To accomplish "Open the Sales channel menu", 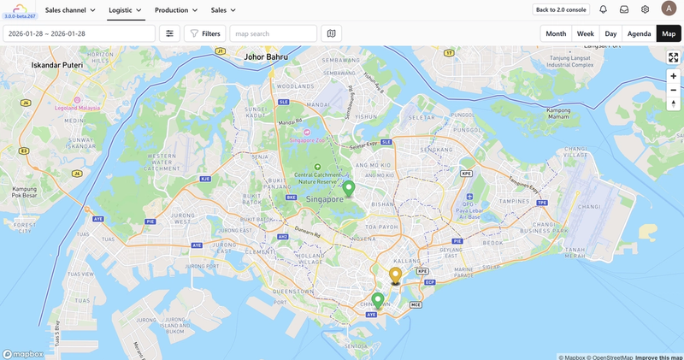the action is click(x=70, y=9).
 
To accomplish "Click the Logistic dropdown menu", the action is click(x=125, y=9).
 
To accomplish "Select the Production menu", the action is click(x=176, y=9).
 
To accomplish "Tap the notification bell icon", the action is click(x=603, y=9).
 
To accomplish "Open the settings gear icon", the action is click(x=646, y=9).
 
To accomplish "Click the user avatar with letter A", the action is click(x=669, y=9).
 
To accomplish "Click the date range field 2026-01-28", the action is click(x=79, y=33).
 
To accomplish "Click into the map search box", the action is click(x=273, y=33).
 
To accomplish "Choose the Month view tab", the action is click(x=556, y=33).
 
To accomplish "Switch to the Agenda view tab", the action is click(x=639, y=33).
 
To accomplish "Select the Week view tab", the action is click(x=586, y=33).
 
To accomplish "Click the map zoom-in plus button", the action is click(x=674, y=76).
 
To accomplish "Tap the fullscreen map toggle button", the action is click(x=674, y=57).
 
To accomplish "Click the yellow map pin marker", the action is click(x=395, y=274).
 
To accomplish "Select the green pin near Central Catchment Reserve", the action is click(x=349, y=188).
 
